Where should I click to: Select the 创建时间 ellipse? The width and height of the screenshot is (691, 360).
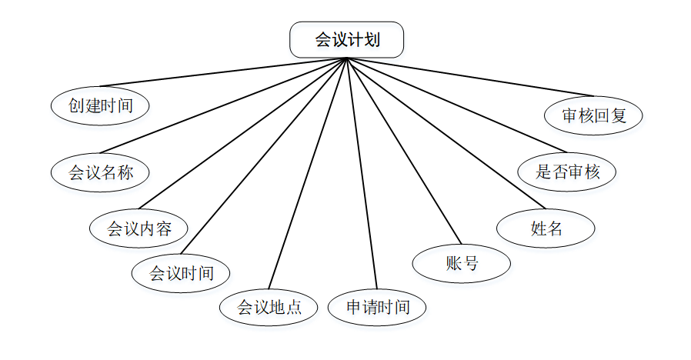100,105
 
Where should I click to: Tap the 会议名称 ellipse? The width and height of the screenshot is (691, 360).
100,172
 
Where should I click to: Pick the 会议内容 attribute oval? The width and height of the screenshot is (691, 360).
139,228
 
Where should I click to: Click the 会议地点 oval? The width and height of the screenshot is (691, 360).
269,308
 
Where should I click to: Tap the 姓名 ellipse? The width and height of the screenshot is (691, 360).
546,228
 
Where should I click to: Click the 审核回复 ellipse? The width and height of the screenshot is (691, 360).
593,116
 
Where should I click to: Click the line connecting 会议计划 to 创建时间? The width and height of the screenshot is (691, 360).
223,72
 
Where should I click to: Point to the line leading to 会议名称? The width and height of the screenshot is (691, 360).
223,106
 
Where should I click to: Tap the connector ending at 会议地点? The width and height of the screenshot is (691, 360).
308,172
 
